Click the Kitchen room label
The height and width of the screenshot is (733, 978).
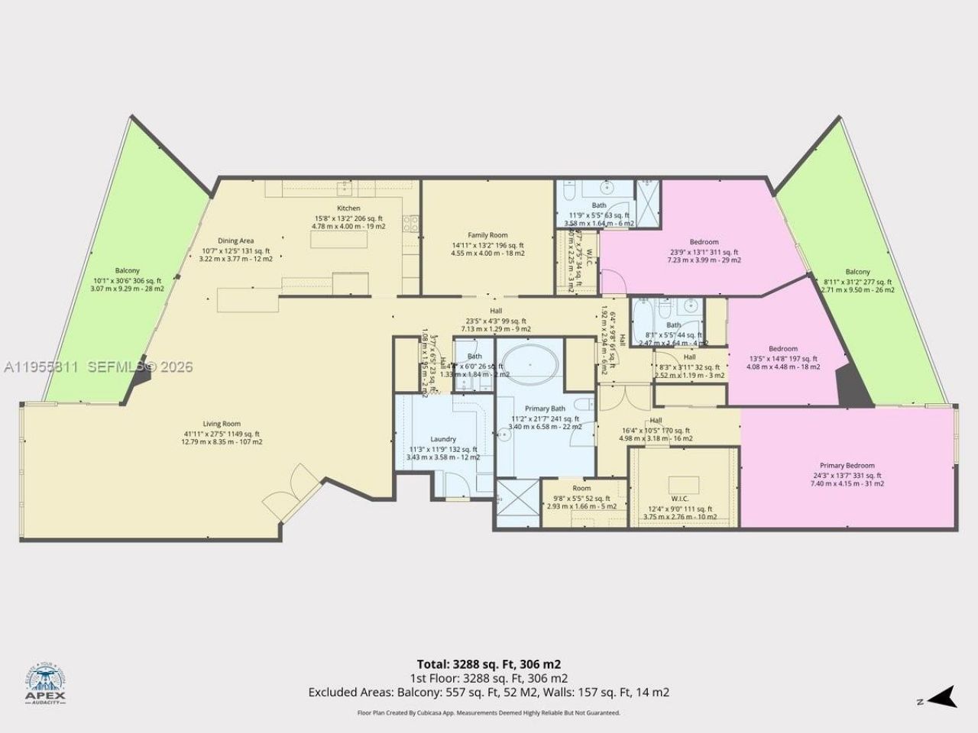pyautogui.click(x=348, y=208)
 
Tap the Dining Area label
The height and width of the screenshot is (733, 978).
pyautogui.click(x=235, y=241)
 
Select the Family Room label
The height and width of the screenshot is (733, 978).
pyautogui.click(x=488, y=235)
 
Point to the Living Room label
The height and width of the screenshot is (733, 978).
pyautogui.click(x=222, y=425)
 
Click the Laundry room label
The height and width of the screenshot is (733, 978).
pyautogui.click(x=443, y=439)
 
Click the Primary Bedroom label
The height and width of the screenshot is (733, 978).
pyautogui.click(x=847, y=466)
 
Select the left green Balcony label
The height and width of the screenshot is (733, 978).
pyautogui.click(x=128, y=271)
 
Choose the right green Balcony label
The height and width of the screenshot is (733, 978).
pyautogui.click(x=857, y=272)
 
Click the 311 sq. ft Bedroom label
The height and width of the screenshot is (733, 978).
pyautogui.click(x=704, y=243)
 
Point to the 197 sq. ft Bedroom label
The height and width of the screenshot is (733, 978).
pyautogui.click(x=783, y=349)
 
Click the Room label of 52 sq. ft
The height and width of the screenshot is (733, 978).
pyautogui.click(x=581, y=489)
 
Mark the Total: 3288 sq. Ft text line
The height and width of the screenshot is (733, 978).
pyautogui.click(x=489, y=664)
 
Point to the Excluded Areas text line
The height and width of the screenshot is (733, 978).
pyautogui.click(x=489, y=693)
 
